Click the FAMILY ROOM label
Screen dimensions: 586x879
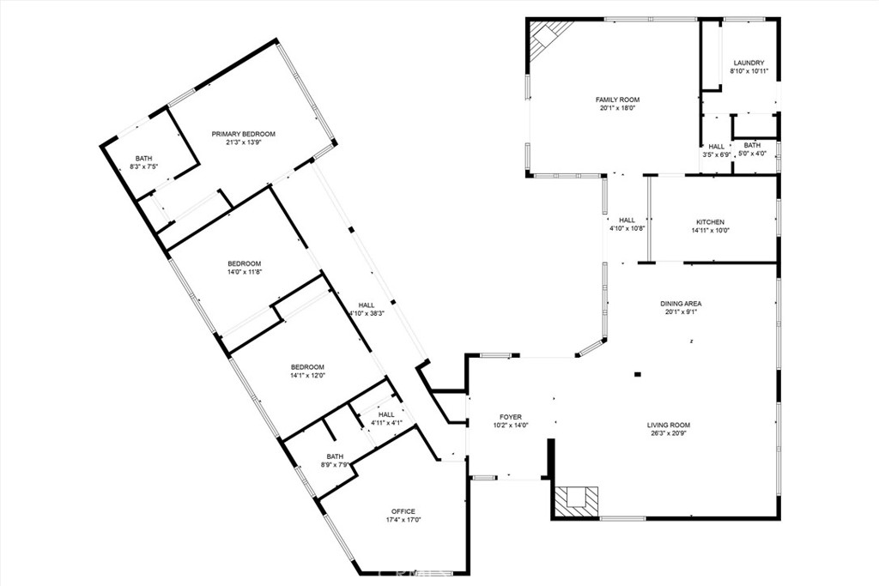point(617,100)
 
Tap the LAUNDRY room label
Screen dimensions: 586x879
point(748,63)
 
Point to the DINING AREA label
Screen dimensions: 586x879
point(681,304)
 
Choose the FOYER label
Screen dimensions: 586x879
point(507,417)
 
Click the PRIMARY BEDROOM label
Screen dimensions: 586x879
point(244,134)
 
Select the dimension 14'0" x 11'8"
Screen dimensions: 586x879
point(244,272)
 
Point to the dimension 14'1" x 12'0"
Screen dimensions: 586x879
point(307,375)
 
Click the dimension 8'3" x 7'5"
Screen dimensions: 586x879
point(143,166)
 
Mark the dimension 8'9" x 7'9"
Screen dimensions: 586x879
point(335,465)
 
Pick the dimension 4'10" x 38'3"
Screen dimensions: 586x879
point(367,313)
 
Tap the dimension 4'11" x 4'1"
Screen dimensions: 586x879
point(386,422)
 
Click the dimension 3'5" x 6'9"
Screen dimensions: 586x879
point(716,155)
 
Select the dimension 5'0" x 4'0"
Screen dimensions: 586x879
point(752,154)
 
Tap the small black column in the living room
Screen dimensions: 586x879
point(637,374)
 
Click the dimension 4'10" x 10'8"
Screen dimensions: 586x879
point(627,229)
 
